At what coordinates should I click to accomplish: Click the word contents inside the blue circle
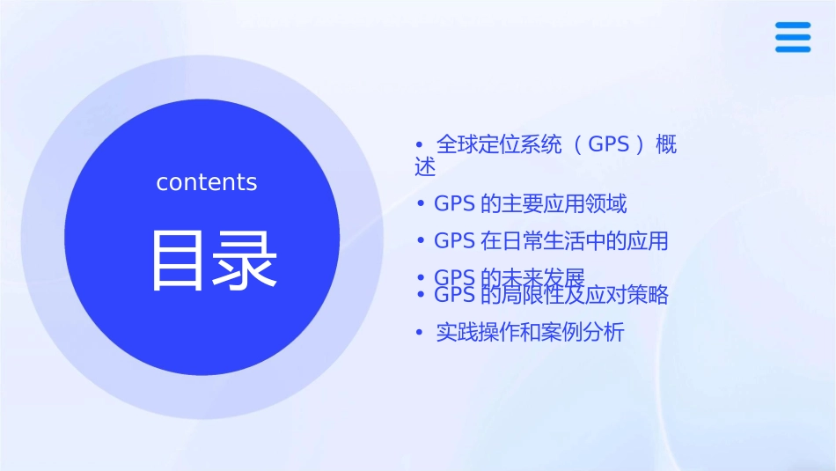[x=207, y=182]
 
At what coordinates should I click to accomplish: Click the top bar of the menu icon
[x=793, y=25]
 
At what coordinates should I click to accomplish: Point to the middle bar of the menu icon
[x=793, y=37]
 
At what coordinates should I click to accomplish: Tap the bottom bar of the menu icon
[x=793, y=48]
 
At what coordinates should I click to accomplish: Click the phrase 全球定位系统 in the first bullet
[x=499, y=144]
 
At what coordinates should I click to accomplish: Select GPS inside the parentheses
[x=609, y=144]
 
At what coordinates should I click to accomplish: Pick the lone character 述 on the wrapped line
[x=425, y=166]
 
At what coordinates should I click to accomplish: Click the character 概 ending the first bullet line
[x=667, y=144]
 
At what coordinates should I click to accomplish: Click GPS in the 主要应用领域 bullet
[x=454, y=204]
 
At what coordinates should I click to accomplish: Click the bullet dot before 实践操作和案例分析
[x=421, y=333]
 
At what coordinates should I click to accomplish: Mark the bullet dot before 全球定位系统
[x=421, y=144]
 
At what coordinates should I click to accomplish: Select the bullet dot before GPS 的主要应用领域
[x=421, y=204]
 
